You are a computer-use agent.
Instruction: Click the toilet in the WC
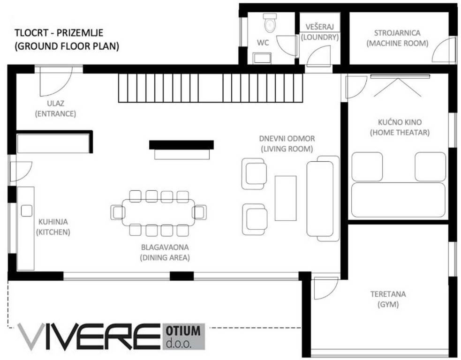[270, 22]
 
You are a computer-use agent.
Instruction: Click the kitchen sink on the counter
[26, 211]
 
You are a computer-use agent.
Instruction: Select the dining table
[159, 212]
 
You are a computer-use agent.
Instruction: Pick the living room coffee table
[285, 197]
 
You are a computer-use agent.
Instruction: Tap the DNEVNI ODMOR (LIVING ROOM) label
[287, 143]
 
